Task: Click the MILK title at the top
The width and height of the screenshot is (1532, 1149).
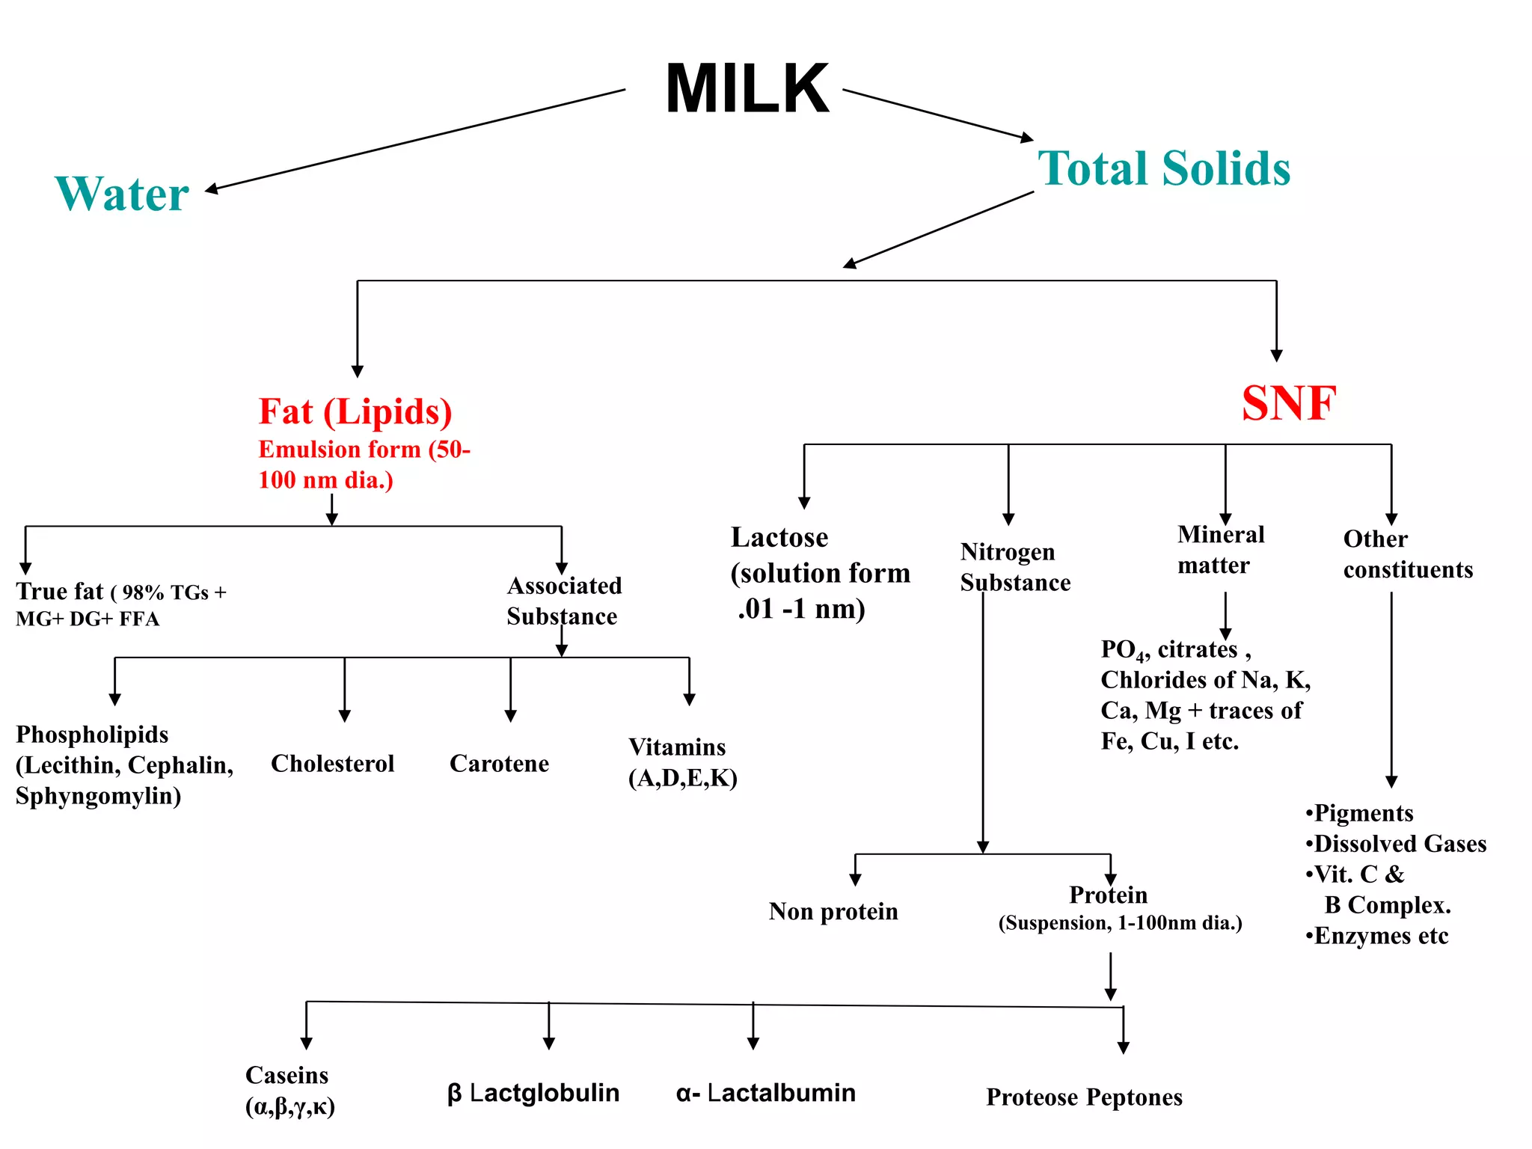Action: tap(747, 89)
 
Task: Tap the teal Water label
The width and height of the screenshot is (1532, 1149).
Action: tap(122, 194)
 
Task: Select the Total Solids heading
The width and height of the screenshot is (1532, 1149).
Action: tap(1164, 168)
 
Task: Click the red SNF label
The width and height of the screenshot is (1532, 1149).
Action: tap(1289, 403)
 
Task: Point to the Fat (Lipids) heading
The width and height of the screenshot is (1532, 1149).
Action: tap(355, 412)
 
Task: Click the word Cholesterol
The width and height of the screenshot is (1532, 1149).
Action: tap(332, 764)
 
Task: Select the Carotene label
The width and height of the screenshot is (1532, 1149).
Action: tap(499, 764)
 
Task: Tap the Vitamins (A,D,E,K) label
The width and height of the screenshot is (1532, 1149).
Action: tap(682, 762)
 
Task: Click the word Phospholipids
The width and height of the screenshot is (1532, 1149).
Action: tap(92, 735)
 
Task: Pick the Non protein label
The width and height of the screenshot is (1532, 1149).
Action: tap(833, 912)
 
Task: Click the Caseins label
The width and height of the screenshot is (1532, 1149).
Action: tap(287, 1076)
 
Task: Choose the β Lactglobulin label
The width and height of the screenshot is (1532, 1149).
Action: tap(533, 1093)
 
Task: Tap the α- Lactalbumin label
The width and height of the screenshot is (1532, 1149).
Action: tap(766, 1093)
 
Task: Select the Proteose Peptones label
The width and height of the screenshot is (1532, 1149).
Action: tap(1084, 1097)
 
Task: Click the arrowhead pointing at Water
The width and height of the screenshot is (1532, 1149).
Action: tap(212, 189)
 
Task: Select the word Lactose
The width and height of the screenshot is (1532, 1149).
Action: tap(779, 538)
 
